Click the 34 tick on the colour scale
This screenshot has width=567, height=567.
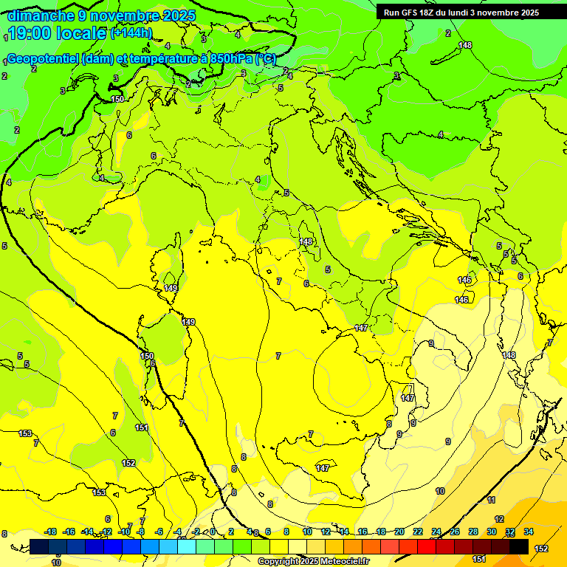tap(529, 532)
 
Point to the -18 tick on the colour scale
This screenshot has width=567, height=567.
tap(50, 532)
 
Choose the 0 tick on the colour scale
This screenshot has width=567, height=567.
tap(213, 532)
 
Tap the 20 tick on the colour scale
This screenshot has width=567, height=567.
tap(399, 532)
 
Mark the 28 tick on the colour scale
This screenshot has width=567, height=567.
tap(473, 532)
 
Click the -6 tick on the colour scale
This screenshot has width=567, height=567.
tap(159, 532)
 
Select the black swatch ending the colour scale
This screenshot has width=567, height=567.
tap(519, 546)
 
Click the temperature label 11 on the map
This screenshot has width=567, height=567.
tap(492, 500)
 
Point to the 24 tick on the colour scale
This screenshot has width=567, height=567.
tap(436, 532)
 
